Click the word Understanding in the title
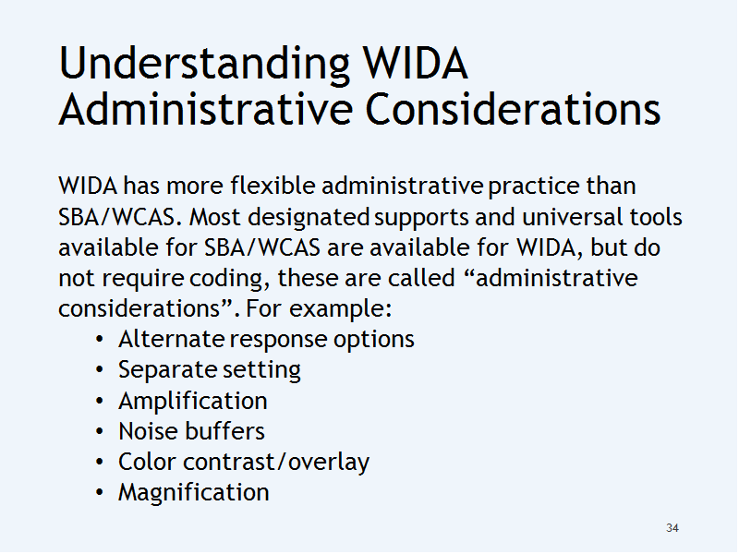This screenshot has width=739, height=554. (x=204, y=64)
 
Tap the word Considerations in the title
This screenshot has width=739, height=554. (x=513, y=109)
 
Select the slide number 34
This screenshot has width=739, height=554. (x=672, y=528)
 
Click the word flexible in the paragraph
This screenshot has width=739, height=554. (x=273, y=186)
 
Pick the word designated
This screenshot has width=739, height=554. (x=309, y=218)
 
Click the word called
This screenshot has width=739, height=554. (x=421, y=278)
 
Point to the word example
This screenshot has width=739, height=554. (x=340, y=309)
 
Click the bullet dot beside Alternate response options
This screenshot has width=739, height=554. (x=99, y=340)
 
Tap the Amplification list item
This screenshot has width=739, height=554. (x=193, y=402)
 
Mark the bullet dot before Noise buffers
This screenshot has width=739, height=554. (x=99, y=431)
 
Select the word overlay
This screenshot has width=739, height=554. (x=329, y=463)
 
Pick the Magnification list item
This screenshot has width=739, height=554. (x=194, y=493)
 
